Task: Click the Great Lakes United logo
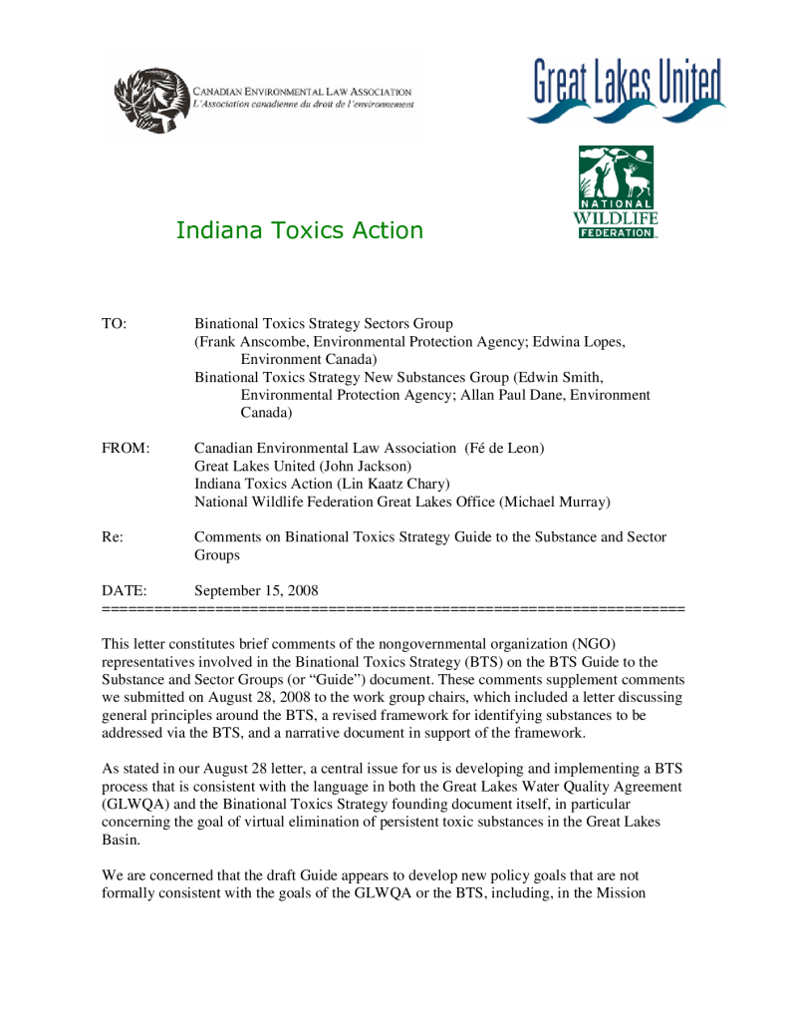point(627,91)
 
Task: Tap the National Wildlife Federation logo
point(616,192)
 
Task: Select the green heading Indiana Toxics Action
point(299,231)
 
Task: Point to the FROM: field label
point(126,449)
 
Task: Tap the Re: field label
point(113,537)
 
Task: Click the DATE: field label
point(125,591)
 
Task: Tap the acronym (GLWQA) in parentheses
point(138,804)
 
